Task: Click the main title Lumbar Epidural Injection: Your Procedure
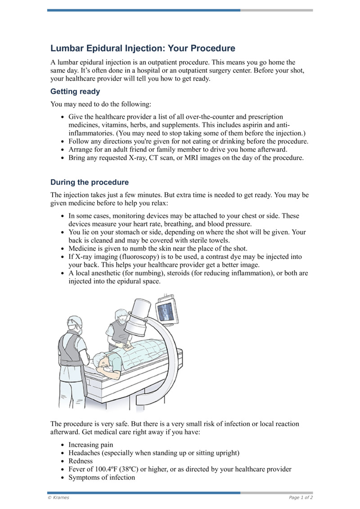143,48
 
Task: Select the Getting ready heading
75,92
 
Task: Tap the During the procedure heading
90,182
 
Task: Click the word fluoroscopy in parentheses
141,257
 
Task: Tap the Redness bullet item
81,461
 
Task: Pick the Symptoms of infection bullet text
102,477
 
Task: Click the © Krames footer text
58,497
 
